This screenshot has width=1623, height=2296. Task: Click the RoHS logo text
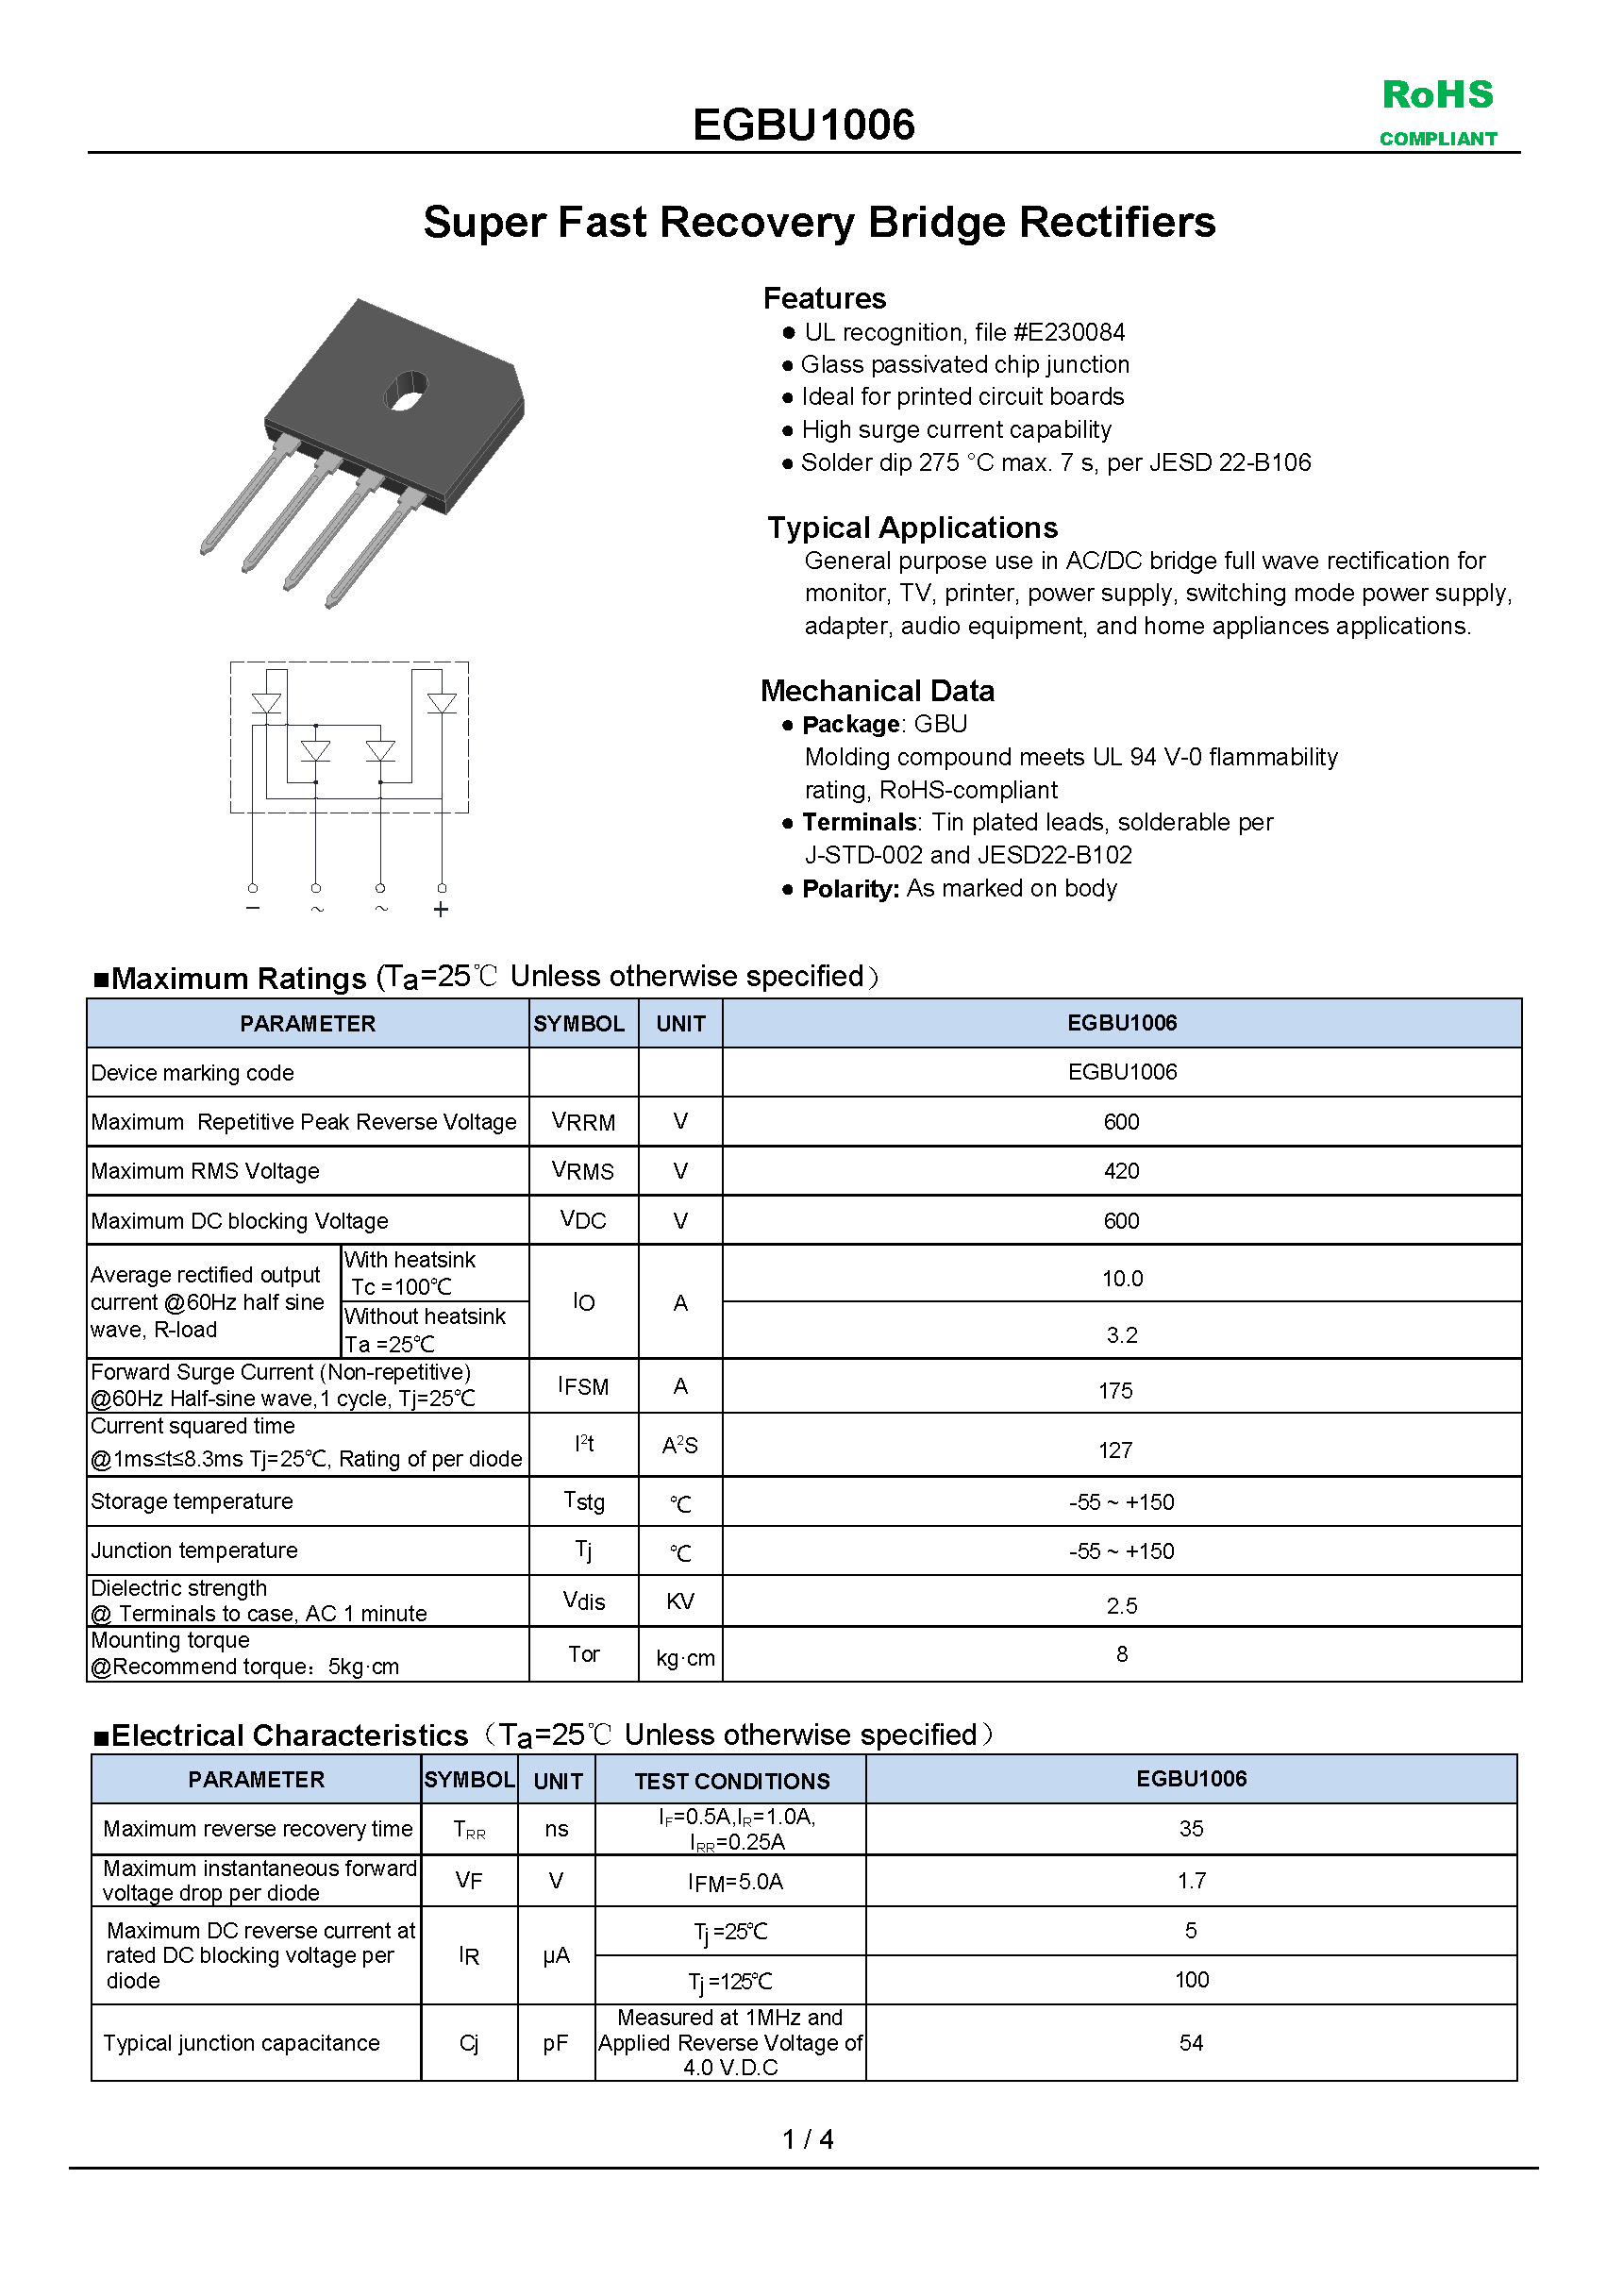pyautogui.click(x=1437, y=95)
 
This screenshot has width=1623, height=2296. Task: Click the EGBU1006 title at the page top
pyautogui.click(x=803, y=125)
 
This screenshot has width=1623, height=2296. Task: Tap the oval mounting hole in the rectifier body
pyautogui.click(x=406, y=390)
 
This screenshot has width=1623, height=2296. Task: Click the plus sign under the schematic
pyautogui.click(x=441, y=909)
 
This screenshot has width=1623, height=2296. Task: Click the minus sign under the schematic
pyautogui.click(x=253, y=908)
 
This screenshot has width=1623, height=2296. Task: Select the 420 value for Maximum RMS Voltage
pyautogui.click(x=1121, y=1171)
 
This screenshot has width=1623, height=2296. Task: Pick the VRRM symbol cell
pyautogui.click(x=583, y=1122)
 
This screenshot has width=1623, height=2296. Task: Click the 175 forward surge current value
pyautogui.click(x=1115, y=1391)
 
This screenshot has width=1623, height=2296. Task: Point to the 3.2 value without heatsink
pyautogui.click(x=1121, y=1335)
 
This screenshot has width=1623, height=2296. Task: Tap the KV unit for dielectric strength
pyautogui.click(x=680, y=1602)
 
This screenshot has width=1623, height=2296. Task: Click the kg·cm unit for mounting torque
pyautogui.click(x=685, y=1658)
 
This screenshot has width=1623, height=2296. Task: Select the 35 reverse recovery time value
pyautogui.click(x=1191, y=1828)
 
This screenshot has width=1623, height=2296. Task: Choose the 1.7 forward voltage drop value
pyautogui.click(x=1191, y=1880)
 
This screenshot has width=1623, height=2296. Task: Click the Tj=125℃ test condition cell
pyautogui.click(x=730, y=1981)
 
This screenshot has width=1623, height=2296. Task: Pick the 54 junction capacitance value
pyautogui.click(x=1191, y=2043)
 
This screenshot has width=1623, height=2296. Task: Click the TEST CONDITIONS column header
pyautogui.click(x=732, y=1781)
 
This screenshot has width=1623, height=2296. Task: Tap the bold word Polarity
pyautogui.click(x=850, y=889)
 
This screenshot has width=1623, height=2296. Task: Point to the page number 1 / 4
pyautogui.click(x=807, y=2139)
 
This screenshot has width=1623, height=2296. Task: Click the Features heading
pyautogui.click(x=824, y=298)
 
